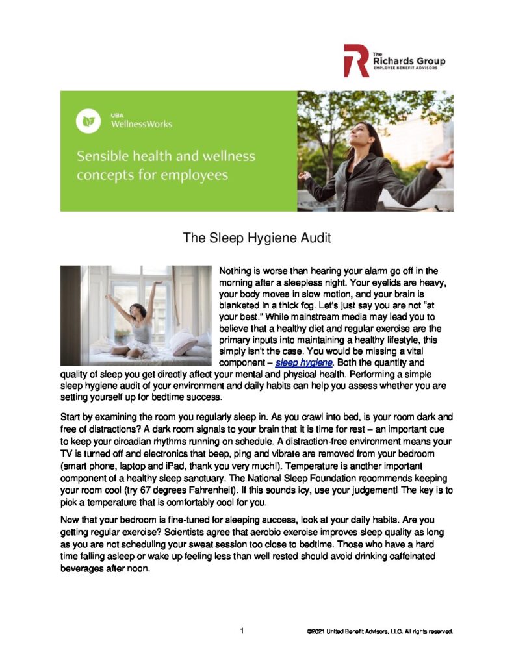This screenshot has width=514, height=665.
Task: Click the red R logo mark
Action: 357,60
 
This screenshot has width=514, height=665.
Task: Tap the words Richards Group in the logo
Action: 409,62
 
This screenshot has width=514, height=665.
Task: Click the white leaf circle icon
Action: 88,121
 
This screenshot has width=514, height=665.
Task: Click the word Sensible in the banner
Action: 105,157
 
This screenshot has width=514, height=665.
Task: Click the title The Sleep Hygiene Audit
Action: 257,238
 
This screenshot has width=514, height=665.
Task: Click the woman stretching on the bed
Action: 136,321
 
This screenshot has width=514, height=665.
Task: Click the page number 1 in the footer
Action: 241,630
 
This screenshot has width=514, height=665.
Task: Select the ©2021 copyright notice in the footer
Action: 379,631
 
